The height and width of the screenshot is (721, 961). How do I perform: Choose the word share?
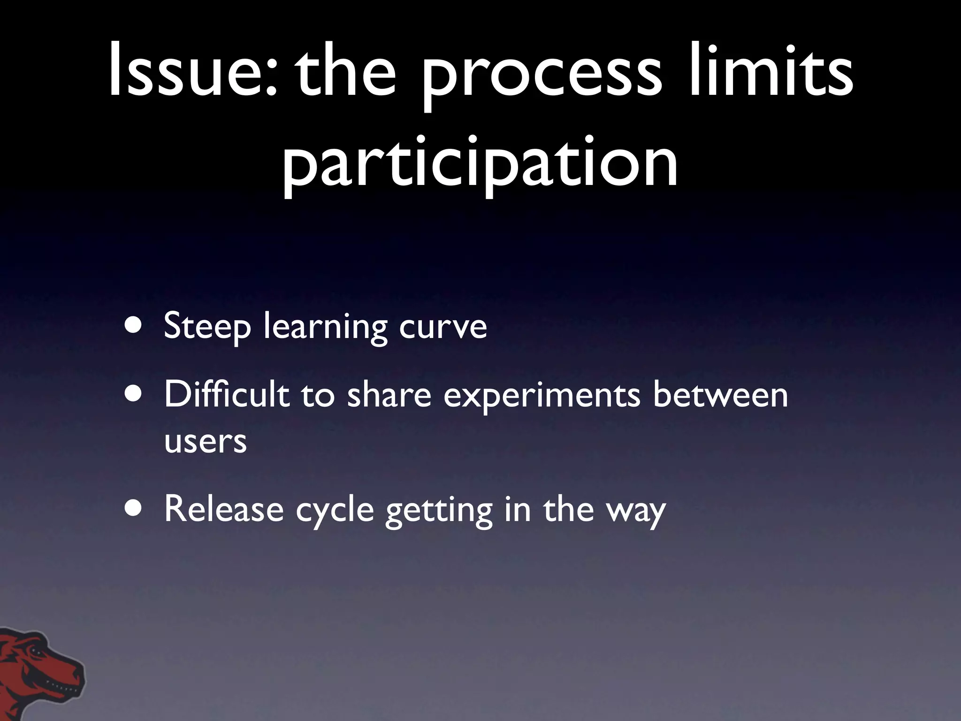pos(389,395)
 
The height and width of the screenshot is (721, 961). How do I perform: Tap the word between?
pos(720,395)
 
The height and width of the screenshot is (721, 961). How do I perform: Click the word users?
pos(205,441)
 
